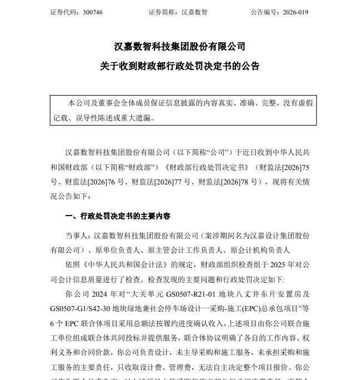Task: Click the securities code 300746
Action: [91, 12]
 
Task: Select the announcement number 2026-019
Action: [294, 12]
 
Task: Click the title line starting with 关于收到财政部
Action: [179, 66]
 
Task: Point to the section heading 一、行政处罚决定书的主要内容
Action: [118, 216]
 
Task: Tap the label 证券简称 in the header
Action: [163, 12]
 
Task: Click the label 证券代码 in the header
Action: [62, 12]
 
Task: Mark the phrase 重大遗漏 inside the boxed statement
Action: [136, 118]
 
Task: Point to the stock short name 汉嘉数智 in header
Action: [196, 12]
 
